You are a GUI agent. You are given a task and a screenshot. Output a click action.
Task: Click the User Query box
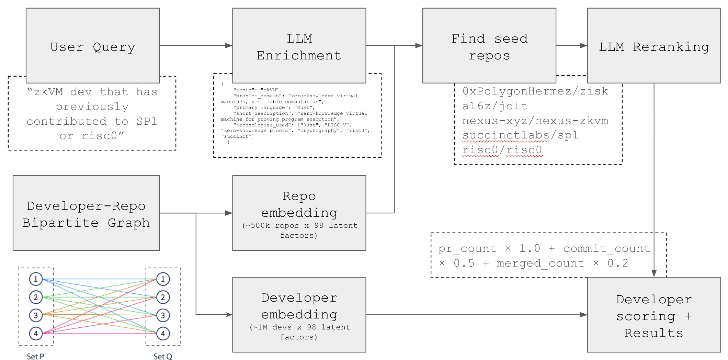tap(93, 46)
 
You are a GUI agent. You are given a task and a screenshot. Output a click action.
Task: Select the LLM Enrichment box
tap(299, 46)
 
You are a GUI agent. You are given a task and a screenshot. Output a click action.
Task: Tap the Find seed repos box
tap(489, 46)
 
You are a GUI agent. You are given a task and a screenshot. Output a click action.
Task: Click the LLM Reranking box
tap(654, 46)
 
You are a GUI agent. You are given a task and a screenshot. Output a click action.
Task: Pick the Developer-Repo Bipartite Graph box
tap(86, 213)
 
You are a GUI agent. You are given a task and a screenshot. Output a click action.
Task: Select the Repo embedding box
tap(299, 213)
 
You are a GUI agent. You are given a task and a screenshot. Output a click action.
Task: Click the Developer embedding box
tap(299, 315)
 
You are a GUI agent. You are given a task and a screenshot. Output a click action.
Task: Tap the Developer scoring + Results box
tap(654, 315)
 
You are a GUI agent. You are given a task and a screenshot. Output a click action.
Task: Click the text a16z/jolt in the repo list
tap(494, 106)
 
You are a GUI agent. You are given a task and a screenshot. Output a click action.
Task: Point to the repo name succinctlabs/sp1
tap(520, 135)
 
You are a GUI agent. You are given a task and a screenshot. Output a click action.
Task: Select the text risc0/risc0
tap(502, 150)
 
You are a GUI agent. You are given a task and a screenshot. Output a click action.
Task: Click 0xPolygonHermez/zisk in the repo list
tap(535, 91)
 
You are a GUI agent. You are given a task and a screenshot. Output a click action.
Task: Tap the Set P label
tap(35, 357)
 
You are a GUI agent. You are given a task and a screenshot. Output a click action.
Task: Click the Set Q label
tap(163, 357)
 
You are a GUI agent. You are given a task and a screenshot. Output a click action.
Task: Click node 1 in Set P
tap(36, 279)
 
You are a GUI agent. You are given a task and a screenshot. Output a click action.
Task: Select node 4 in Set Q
tap(163, 333)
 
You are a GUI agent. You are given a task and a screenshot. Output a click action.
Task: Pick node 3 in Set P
tap(36, 315)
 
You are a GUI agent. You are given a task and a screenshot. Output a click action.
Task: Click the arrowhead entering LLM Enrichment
tap(229, 46)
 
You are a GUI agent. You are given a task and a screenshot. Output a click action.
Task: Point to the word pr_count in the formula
tap(467, 249)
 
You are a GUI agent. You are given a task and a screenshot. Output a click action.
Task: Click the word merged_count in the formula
tap(540, 263)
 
